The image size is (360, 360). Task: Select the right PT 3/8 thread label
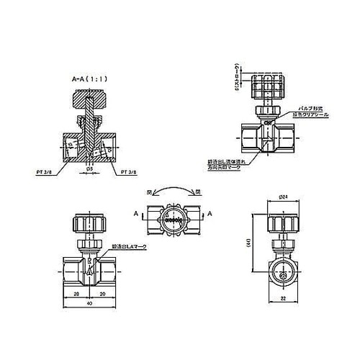click(x=129, y=173)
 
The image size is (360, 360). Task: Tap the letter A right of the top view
click(x=209, y=214)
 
